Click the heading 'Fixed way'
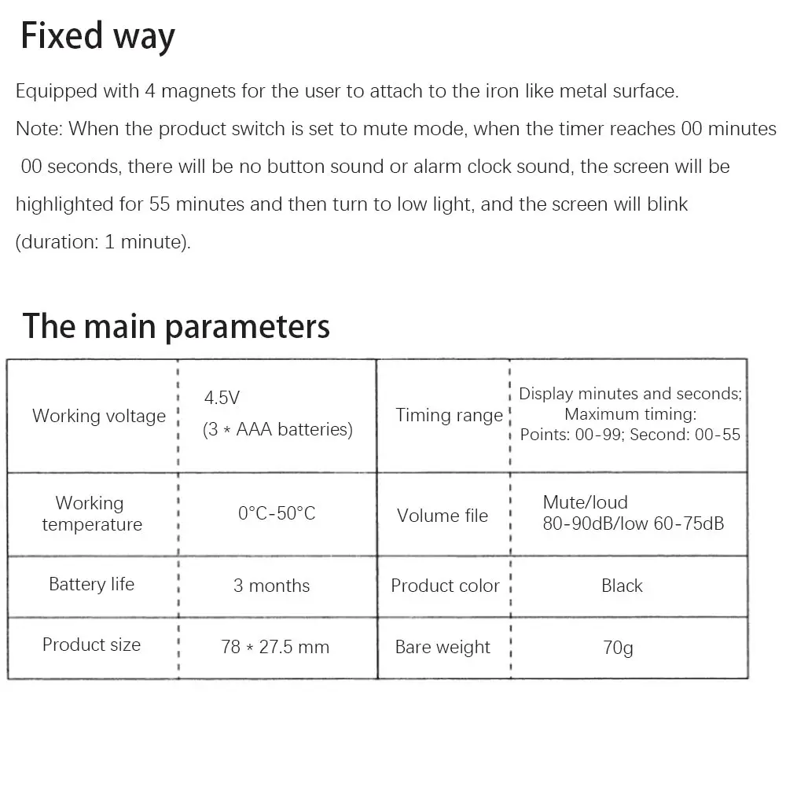(97, 37)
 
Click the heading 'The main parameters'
(176, 325)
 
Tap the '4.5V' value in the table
(222, 398)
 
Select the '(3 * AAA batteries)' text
(278, 429)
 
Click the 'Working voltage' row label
(99, 416)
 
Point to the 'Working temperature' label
(91, 514)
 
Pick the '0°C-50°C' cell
(277, 514)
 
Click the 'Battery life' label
(91, 584)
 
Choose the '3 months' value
(271, 586)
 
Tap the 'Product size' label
(91, 645)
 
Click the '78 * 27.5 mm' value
(275, 648)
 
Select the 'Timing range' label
(449, 416)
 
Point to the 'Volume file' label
(443, 516)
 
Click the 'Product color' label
(445, 586)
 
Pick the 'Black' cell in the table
(622, 586)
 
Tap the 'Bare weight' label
(443, 648)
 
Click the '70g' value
(617, 648)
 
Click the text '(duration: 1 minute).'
(103, 242)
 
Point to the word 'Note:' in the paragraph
(39, 129)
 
